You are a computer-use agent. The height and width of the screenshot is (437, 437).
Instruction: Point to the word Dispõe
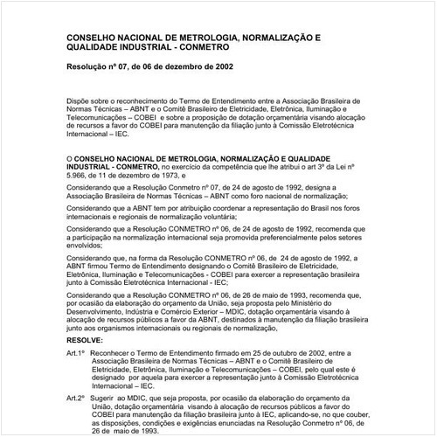[80, 101]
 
